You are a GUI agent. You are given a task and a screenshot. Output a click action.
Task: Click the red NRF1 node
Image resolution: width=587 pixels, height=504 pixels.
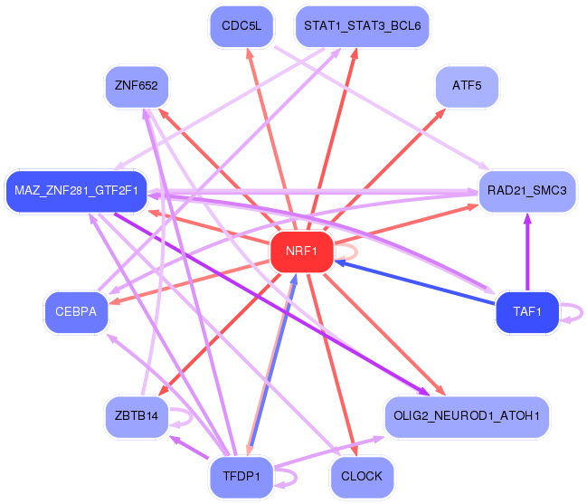tap(301, 252)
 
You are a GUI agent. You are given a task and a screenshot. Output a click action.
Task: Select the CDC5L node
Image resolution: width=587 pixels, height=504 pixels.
tap(241, 26)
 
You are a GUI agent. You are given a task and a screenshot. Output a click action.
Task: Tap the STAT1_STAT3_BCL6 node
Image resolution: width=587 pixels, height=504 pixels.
tap(362, 26)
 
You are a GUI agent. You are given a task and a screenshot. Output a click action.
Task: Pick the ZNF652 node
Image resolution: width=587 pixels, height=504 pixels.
tap(137, 87)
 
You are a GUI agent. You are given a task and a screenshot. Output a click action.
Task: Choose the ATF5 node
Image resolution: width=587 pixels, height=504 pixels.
tap(467, 87)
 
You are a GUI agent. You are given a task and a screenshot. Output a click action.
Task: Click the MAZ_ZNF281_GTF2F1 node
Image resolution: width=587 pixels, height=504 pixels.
tap(76, 191)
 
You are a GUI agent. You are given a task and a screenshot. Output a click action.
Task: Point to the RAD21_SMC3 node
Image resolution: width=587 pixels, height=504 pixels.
tap(527, 191)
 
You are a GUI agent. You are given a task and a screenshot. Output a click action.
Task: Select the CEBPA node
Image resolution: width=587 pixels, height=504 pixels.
tap(76, 312)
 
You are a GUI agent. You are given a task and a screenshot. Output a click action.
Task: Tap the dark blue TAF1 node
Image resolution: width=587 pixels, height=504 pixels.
tap(527, 312)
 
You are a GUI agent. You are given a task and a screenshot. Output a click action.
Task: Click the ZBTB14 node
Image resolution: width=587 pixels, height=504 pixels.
tap(137, 416)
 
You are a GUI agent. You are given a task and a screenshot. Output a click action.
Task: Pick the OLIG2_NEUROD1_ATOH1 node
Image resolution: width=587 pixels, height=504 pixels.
tap(467, 416)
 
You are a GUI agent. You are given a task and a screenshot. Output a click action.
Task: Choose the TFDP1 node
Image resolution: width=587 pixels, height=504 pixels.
tap(241, 477)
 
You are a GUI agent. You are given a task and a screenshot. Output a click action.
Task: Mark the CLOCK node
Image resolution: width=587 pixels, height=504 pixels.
tap(362, 477)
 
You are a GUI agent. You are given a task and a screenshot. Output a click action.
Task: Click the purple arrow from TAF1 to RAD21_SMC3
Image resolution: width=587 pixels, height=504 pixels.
tap(527, 252)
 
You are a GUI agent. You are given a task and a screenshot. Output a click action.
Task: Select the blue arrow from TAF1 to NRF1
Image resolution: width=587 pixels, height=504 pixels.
tap(415, 282)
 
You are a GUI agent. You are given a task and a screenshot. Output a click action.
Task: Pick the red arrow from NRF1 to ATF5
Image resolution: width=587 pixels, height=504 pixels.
tap(384, 169)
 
